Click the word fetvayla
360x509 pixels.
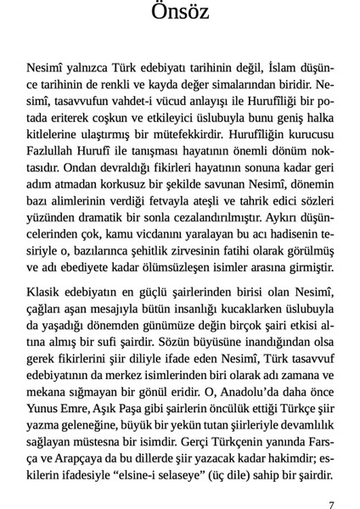199,199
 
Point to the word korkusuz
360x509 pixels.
132,183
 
